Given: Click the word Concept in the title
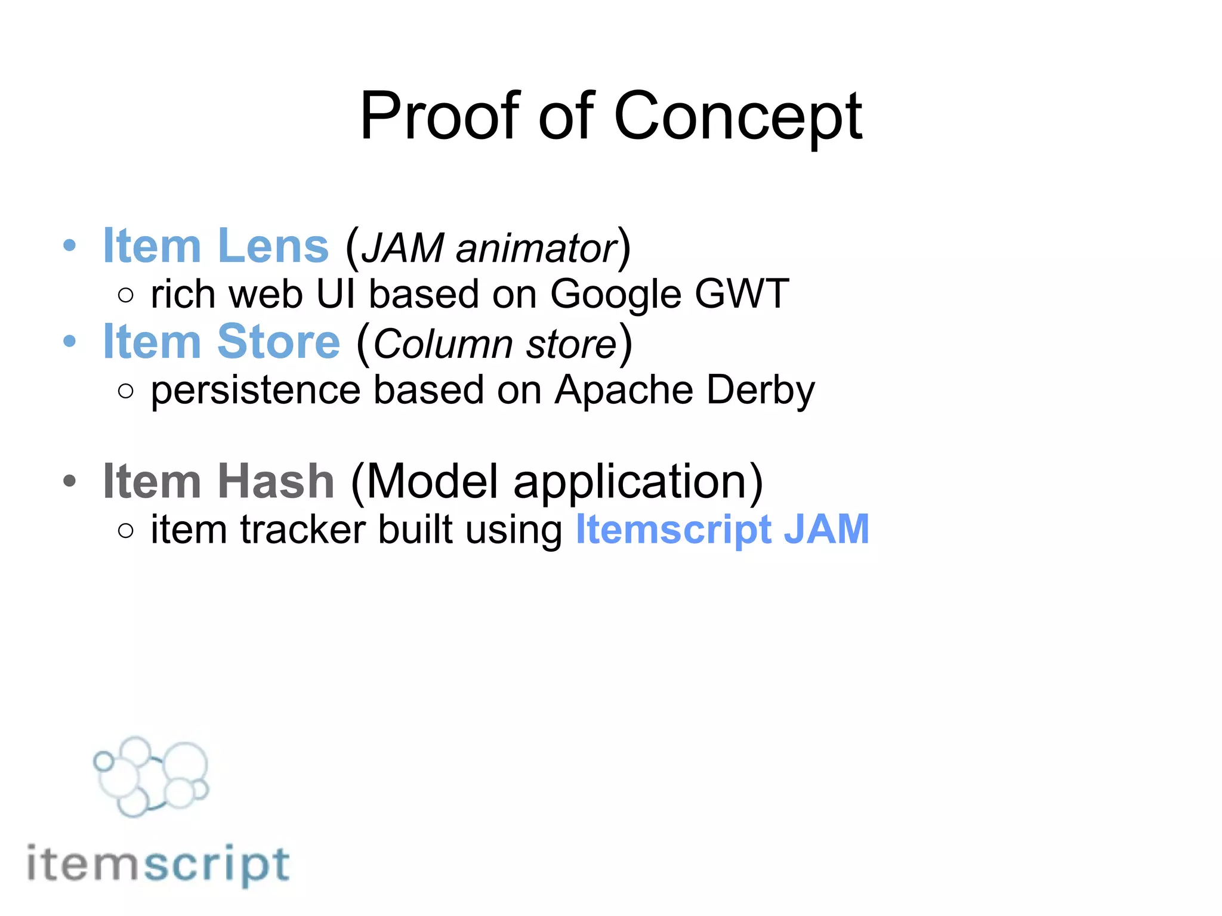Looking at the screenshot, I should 738,116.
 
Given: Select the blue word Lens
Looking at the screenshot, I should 273,246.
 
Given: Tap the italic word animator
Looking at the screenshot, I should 536,249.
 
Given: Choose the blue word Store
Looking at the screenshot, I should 279,342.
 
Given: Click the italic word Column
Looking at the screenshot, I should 443,345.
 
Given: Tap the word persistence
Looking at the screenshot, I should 256,391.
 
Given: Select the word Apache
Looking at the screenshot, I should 624,391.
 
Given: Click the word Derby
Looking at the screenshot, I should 761,391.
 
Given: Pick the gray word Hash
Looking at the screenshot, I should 276,481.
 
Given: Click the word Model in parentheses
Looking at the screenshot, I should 432,481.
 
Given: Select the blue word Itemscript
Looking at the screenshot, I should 674,530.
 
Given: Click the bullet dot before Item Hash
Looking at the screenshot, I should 70,481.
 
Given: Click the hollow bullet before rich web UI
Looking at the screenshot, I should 126,295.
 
